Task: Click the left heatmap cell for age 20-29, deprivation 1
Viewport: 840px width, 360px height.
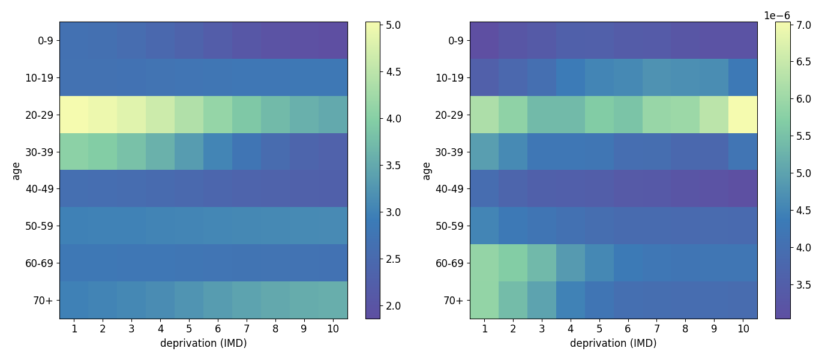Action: (74, 115)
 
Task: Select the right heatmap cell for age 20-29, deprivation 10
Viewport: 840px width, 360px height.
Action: (743, 115)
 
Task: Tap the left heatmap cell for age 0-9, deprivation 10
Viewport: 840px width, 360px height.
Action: (334, 41)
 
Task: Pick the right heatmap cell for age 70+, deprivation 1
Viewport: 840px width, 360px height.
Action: (485, 300)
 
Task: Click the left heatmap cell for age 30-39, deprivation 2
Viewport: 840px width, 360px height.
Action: (103, 152)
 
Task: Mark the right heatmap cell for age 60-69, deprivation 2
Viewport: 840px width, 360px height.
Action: (514, 263)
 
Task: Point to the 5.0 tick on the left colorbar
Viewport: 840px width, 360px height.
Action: (382, 25)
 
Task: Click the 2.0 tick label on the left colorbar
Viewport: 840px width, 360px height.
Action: (394, 306)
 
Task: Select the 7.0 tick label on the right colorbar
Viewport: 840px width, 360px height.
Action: (803, 25)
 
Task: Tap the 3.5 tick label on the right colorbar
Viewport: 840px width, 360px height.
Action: (803, 285)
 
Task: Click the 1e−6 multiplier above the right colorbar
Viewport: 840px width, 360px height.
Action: (777, 16)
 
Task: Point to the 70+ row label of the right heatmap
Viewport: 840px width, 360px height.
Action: (454, 301)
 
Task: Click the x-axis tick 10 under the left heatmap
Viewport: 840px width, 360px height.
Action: (333, 329)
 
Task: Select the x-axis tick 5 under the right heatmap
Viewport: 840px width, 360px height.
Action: (599, 329)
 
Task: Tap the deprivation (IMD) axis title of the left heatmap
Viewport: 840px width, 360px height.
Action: (203, 343)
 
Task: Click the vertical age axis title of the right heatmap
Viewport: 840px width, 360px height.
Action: (426, 170)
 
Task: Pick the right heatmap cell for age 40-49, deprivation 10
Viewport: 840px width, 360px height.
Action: (743, 188)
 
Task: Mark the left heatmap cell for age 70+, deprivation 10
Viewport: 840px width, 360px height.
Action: (334, 300)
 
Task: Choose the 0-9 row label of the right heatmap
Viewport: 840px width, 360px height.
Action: (456, 41)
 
